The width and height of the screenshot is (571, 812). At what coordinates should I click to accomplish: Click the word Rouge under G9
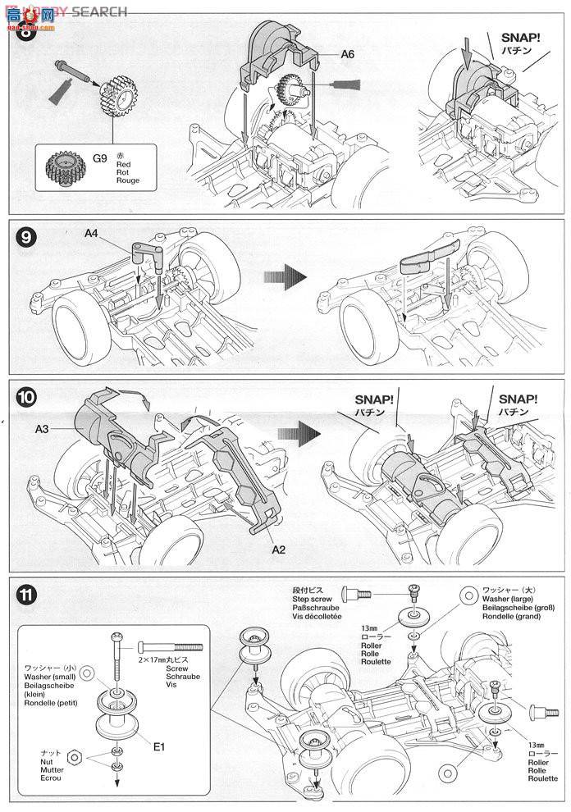127,180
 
